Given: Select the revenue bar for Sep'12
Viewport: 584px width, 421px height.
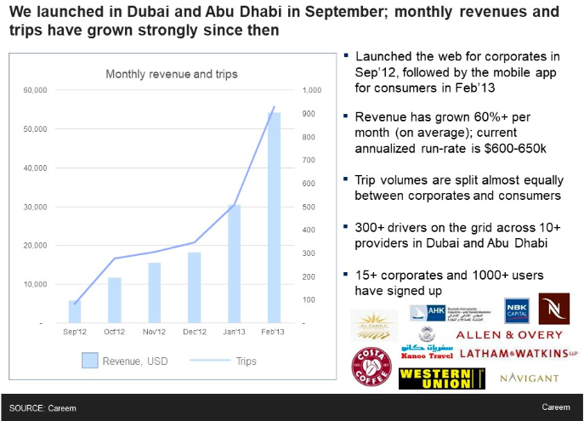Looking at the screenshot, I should point(75,312).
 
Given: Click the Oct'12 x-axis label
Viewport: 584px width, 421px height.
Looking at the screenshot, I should point(115,331).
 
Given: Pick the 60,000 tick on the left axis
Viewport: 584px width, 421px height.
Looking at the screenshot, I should point(34,90).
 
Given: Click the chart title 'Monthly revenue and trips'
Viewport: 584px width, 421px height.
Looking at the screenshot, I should point(172,74).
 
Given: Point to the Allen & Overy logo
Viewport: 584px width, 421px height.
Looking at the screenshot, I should point(509,334).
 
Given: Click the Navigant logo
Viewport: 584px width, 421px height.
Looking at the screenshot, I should point(530,378).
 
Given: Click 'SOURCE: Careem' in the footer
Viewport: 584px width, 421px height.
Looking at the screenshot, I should point(43,408).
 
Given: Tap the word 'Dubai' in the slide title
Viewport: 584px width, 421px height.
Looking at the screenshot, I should point(137,13).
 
